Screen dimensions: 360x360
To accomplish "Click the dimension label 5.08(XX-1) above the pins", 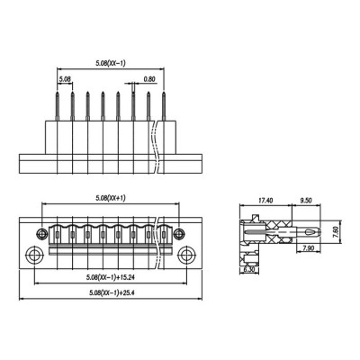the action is tap(111, 63).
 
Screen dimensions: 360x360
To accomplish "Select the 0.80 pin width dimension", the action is tap(149, 79).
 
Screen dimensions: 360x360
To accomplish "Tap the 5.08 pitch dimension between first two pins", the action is tap(65, 79).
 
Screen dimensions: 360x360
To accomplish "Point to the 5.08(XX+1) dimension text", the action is tap(111, 198).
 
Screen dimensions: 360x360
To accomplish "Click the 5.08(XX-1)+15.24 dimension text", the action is tap(111, 277).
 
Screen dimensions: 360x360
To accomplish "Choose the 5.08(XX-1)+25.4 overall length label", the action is tap(112, 292).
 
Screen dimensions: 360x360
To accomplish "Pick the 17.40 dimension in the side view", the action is tap(265, 201).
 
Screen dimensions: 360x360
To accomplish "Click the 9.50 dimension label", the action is tap(306, 201).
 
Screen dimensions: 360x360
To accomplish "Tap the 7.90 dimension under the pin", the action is tap(309, 247).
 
